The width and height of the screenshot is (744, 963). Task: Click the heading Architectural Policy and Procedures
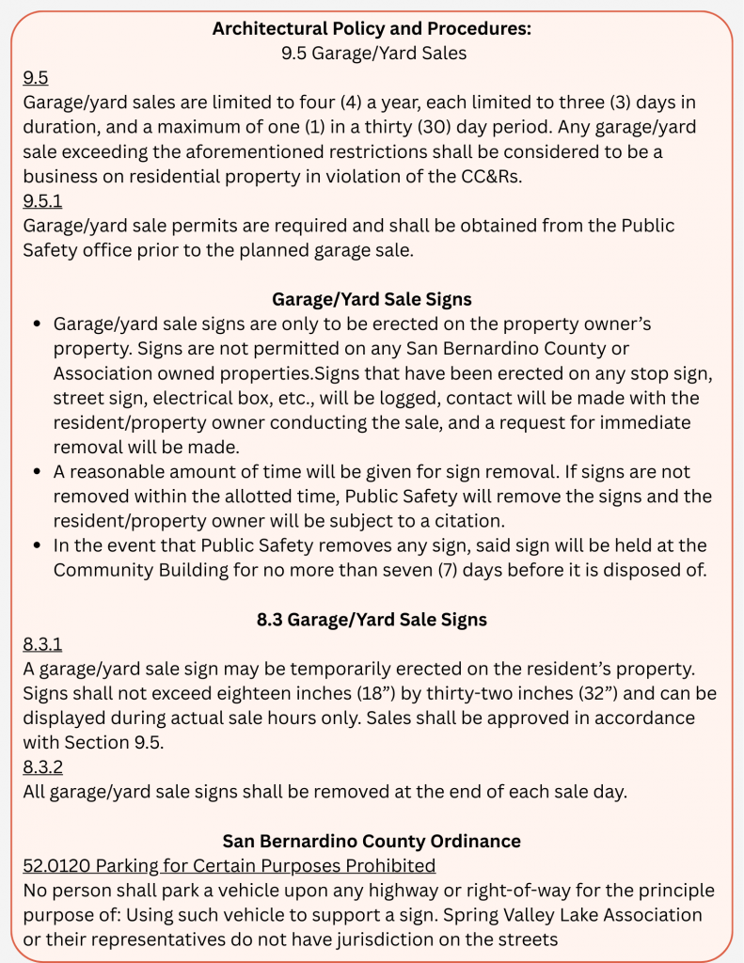point(372,28)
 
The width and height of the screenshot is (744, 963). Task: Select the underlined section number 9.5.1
point(42,201)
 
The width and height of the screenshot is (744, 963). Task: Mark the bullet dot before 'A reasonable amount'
point(37,472)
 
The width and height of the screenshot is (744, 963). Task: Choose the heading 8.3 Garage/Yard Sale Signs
point(372,620)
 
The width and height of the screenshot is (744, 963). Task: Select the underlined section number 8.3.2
point(43,767)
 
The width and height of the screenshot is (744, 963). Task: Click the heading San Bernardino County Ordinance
point(372,841)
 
